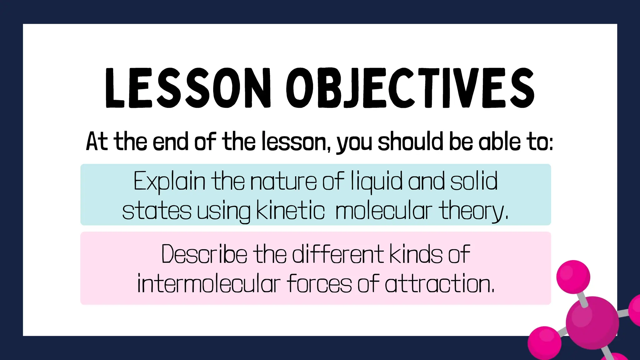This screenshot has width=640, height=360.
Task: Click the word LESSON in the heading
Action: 187,88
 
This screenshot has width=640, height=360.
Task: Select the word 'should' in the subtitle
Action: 410,142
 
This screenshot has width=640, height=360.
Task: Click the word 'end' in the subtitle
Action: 170,142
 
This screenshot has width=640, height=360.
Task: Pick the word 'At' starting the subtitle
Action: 97,142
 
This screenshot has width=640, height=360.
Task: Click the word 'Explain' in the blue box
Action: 169,181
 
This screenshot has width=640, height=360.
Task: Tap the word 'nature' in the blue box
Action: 283,181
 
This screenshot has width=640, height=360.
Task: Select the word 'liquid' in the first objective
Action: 376,181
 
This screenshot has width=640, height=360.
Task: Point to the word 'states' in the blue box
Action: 157,211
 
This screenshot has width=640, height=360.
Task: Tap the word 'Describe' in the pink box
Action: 204,254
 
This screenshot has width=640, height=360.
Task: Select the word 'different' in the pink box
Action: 338,254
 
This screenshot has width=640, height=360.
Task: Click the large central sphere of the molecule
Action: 592,322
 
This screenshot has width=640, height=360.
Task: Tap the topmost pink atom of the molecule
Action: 573,277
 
